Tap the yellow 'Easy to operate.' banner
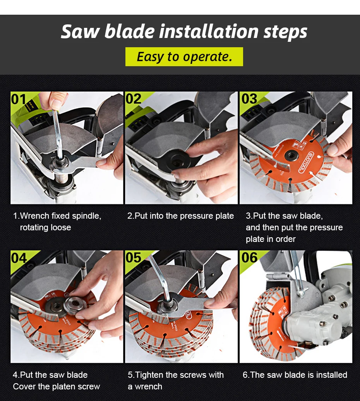tap(184, 57)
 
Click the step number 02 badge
tap(134, 99)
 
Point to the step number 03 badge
tap(249, 99)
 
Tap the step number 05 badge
tap(134, 258)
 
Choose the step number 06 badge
tap(249, 258)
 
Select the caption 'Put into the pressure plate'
tap(180, 216)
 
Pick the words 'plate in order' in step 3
tap(271, 239)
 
